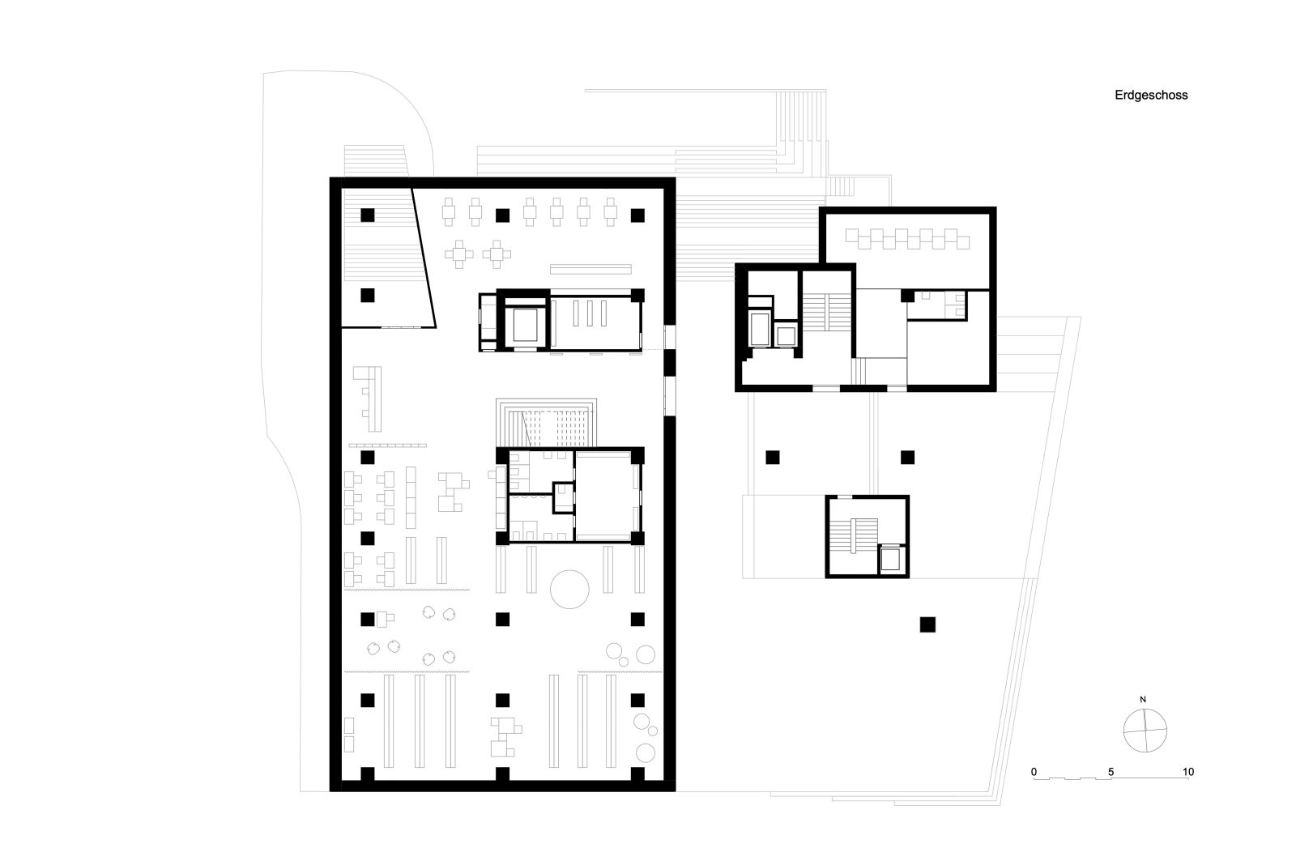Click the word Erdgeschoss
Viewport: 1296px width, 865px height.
[1151, 96]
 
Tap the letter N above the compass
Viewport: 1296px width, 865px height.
[1143, 700]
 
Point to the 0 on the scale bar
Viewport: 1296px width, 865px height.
[1034, 772]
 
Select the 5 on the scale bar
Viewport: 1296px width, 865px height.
[1111, 772]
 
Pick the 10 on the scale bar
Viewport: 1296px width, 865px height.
[1187, 772]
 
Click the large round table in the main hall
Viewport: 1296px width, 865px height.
[569, 589]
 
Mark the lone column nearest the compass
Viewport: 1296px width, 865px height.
[927, 625]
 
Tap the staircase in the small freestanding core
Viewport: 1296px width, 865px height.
[854, 536]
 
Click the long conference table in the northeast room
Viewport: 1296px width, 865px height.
[907, 239]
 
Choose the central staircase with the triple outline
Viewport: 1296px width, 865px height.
[546, 422]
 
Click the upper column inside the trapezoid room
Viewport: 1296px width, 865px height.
[368, 215]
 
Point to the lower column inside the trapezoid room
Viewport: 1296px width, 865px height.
[368, 295]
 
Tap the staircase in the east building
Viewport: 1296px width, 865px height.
[828, 313]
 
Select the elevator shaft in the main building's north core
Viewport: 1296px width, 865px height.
[525, 325]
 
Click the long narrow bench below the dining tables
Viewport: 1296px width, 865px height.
[590, 269]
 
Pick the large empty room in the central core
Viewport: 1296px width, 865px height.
[603, 496]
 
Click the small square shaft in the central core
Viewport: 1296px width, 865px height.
[562, 497]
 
